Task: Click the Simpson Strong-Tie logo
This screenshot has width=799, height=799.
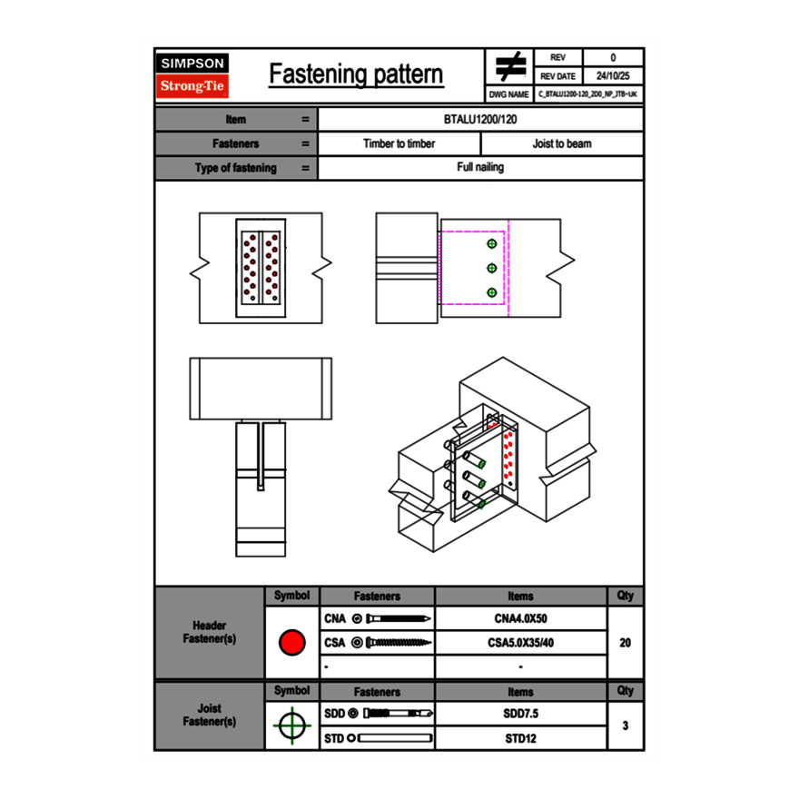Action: tap(193, 76)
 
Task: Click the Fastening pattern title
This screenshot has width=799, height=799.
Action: tap(356, 74)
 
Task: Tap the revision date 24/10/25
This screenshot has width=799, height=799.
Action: tap(613, 76)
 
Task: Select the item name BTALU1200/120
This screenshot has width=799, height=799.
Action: tap(480, 120)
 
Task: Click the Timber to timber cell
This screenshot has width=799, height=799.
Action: tap(399, 143)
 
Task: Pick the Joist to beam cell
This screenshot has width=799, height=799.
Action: tap(562, 143)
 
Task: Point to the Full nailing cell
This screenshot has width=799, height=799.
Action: tap(480, 168)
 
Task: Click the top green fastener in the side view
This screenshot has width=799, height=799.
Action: tap(492, 244)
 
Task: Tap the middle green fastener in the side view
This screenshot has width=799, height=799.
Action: tap(492, 268)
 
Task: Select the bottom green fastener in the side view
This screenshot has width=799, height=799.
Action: tap(492, 292)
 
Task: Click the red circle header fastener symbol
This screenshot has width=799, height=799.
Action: tap(291, 643)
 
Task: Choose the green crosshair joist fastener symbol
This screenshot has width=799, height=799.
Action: tap(291, 726)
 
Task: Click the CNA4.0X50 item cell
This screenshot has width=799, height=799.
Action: tap(520, 619)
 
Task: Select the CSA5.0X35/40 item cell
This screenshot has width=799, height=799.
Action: tap(520, 643)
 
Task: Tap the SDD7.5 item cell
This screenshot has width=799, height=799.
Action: tap(520, 715)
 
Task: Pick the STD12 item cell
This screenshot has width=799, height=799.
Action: tap(520, 738)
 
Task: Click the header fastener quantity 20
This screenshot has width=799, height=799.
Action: tap(625, 643)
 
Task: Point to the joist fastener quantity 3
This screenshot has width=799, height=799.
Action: tap(625, 726)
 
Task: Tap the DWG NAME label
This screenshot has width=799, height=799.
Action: tap(509, 94)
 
